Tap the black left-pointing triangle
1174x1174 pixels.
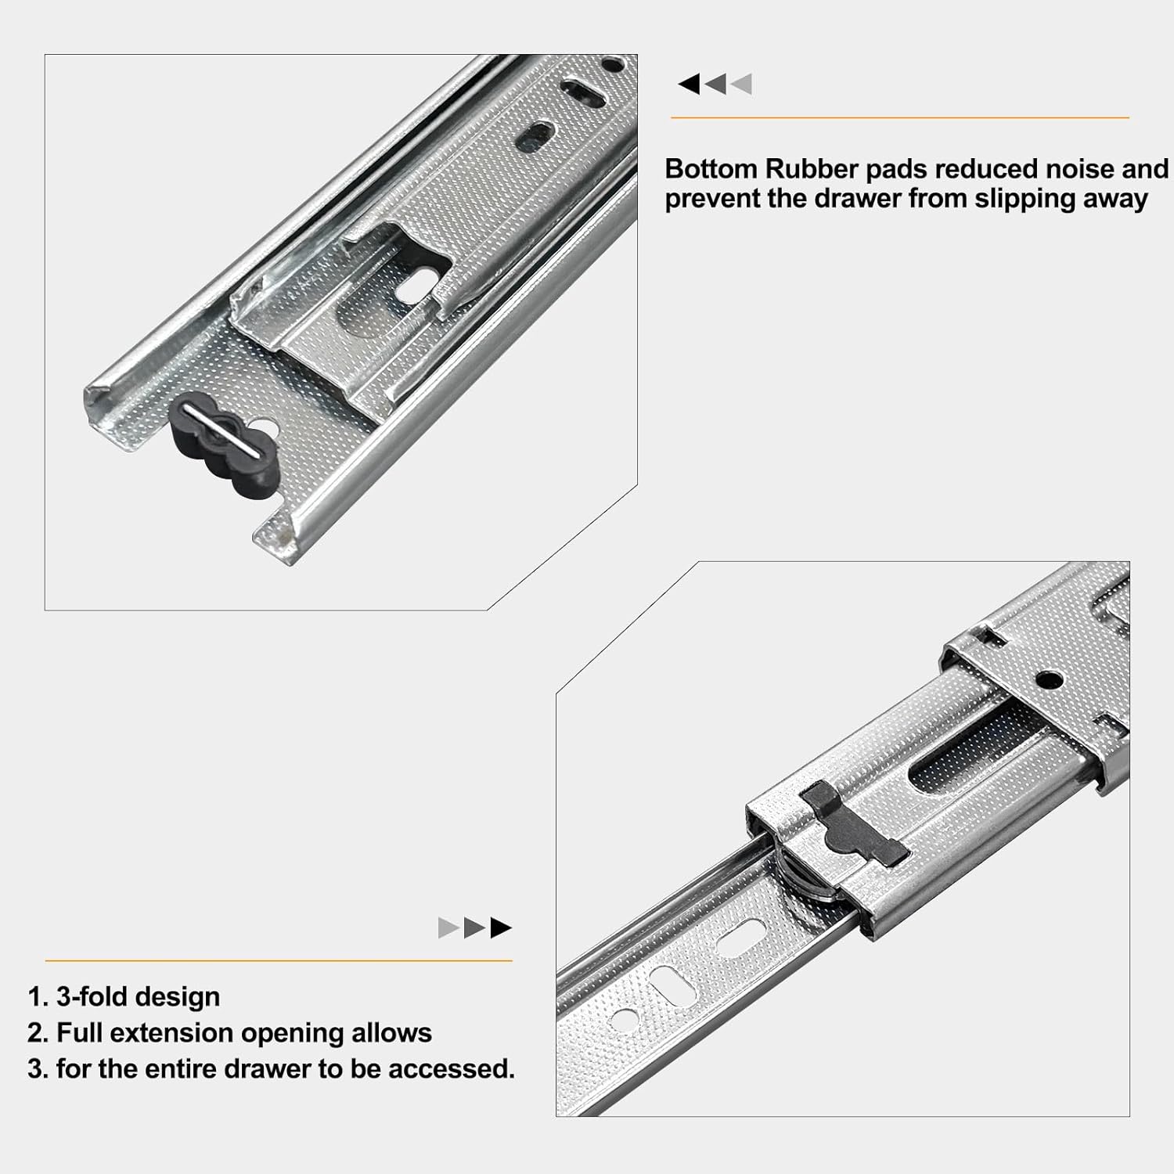(689, 84)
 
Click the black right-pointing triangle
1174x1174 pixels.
(501, 928)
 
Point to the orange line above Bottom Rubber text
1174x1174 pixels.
(899, 118)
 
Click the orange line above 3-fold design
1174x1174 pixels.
(279, 960)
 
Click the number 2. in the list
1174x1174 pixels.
(38, 1033)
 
